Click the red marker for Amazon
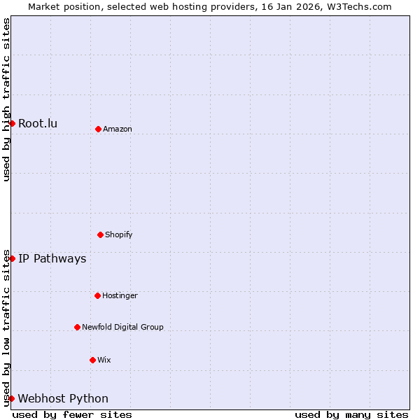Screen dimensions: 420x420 [x=98, y=129]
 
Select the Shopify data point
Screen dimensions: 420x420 [x=100, y=234]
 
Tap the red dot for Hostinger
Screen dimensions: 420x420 [x=97, y=295]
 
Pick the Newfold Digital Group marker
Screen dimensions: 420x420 [x=77, y=327]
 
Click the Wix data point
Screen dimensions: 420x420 [x=92, y=360]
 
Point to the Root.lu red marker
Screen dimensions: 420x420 [x=12, y=123]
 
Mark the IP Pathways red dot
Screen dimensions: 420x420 [x=12, y=258]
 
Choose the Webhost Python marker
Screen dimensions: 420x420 [x=12, y=398]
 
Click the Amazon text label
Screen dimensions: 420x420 [x=118, y=129]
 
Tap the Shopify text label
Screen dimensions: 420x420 [x=119, y=234]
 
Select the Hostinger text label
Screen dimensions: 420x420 [x=120, y=295]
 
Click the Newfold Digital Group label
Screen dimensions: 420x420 [x=122, y=327]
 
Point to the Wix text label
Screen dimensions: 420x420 [x=104, y=360]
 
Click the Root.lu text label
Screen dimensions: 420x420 [x=38, y=124]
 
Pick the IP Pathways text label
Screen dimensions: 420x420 [x=52, y=259]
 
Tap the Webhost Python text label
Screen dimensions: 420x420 [x=63, y=399]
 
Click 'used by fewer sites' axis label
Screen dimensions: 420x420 [x=72, y=414]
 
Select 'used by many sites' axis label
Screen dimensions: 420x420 [x=351, y=414]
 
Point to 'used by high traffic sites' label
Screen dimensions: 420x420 [x=6, y=100]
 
